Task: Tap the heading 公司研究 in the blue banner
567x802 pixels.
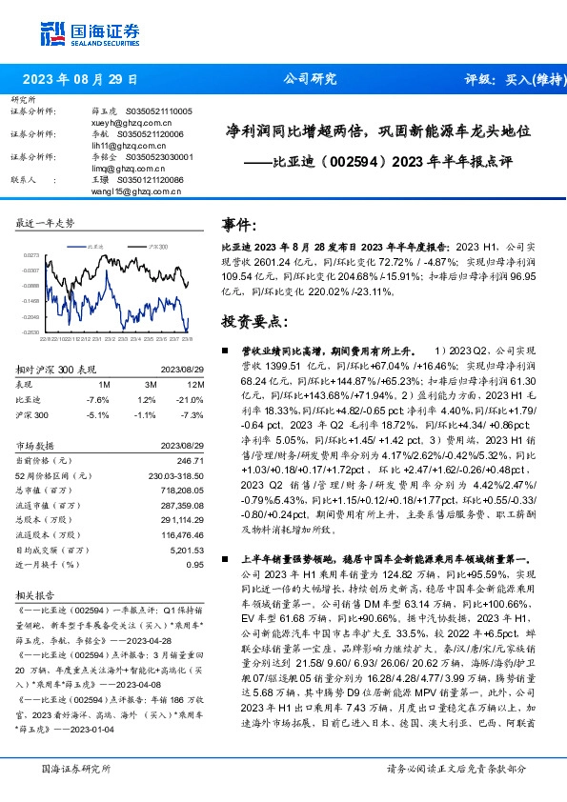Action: (x=310, y=80)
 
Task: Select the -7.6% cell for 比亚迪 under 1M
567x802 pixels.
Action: (x=97, y=399)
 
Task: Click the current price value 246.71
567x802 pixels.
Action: (x=191, y=460)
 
